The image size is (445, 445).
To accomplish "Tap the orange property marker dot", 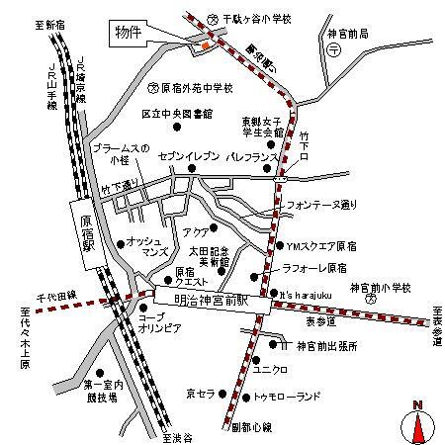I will [x=205, y=44].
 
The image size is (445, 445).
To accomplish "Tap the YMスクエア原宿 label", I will [x=322, y=244].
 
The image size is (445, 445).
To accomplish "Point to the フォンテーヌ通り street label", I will [x=319, y=206].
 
